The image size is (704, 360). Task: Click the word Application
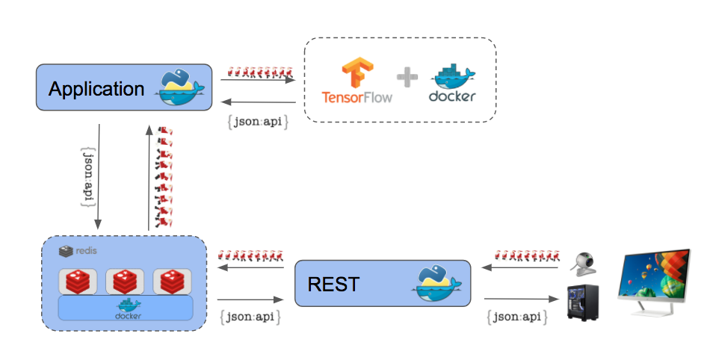[x=96, y=89]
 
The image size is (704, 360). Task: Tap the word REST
[x=333, y=284]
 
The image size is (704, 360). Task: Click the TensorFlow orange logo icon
[x=357, y=72]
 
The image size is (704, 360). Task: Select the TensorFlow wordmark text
[x=357, y=97]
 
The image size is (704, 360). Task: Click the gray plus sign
[x=407, y=77]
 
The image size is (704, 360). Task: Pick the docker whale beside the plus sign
[x=453, y=76]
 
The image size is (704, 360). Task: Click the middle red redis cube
[x=125, y=282]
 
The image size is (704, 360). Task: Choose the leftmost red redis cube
[x=78, y=282]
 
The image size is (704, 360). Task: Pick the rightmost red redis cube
[x=172, y=282]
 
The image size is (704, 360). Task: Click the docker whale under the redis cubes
[x=129, y=308]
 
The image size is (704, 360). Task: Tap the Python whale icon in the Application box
[x=179, y=87]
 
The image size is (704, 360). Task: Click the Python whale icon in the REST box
[x=437, y=284]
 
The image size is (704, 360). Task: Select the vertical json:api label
[x=89, y=177]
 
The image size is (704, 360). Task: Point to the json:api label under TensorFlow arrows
[x=258, y=122]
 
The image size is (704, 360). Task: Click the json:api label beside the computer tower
[x=517, y=317]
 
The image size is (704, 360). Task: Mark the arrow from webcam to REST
[x=520, y=267]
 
